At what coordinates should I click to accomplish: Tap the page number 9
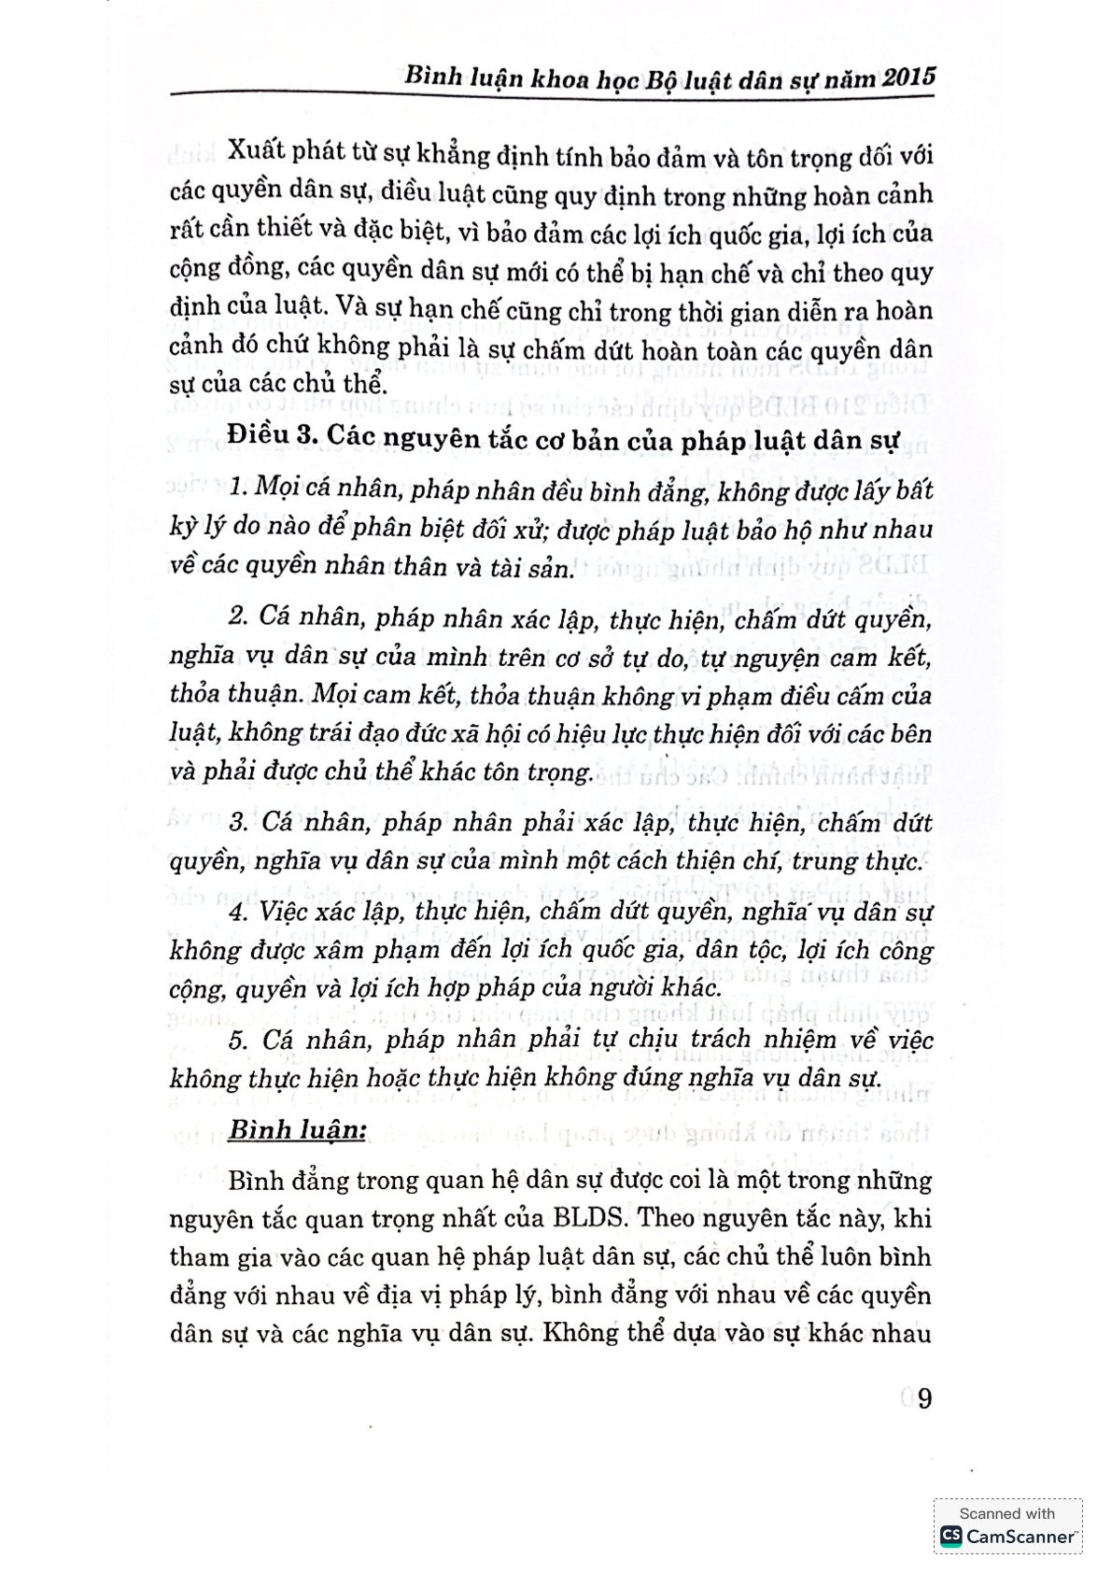tap(924, 1398)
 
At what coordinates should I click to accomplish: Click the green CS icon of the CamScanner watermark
tap(950, 1535)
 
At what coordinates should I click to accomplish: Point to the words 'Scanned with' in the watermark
tap(1006, 1513)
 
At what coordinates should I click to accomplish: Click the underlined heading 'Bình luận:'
tap(296, 1129)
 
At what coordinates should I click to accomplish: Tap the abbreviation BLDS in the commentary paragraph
tap(586, 1218)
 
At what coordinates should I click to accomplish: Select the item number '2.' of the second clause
tap(238, 617)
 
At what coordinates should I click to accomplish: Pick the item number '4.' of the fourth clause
tap(238, 912)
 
